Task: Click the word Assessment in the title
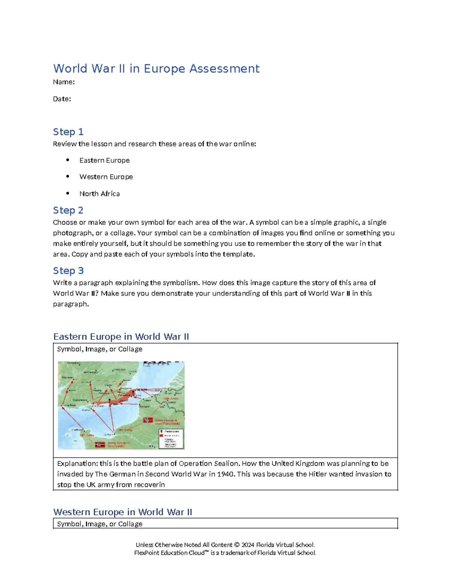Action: (x=224, y=69)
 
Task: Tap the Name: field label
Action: (x=64, y=82)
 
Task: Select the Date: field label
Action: (x=62, y=99)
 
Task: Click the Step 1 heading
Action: (x=68, y=132)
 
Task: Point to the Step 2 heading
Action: (x=68, y=210)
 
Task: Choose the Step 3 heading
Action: (x=68, y=271)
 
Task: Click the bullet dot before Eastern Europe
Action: (x=68, y=160)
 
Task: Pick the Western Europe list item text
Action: (x=106, y=177)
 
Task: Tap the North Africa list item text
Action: (x=100, y=194)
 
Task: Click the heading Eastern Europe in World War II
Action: (x=121, y=337)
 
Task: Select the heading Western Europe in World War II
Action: (x=123, y=512)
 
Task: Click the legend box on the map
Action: (x=171, y=438)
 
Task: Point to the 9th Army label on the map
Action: (x=125, y=430)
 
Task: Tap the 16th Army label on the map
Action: (x=171, y=399)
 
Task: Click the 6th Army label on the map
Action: (x=87, y=435)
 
